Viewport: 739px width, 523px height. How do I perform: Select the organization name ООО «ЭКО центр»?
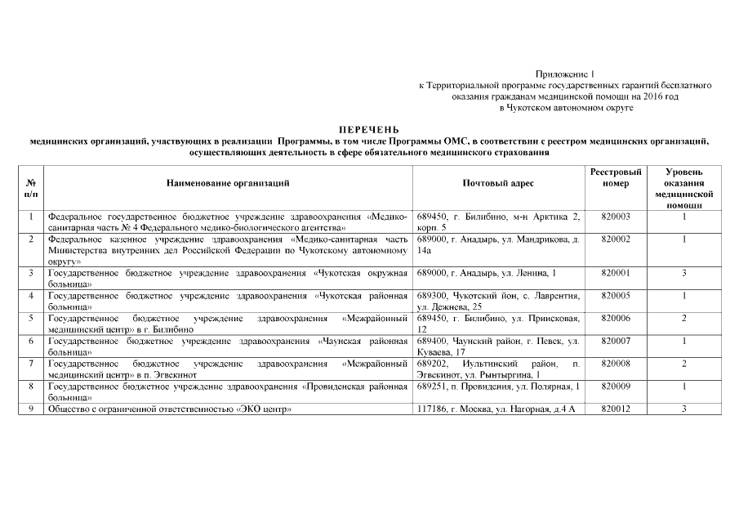pyautogui.click(x=171, y=409)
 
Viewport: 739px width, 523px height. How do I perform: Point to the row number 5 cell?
pyautogui.click(x=30, y=318)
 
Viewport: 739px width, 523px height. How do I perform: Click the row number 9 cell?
pyautogui.click(x=30, y=409)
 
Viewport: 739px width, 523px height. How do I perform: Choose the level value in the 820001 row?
pyautogui.click(x=683, y=273)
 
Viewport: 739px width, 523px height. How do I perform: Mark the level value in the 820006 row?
pyautogui.click(x=683, y=318)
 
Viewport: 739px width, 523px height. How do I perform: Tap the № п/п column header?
pyautogui.click(x=30, y=190)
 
